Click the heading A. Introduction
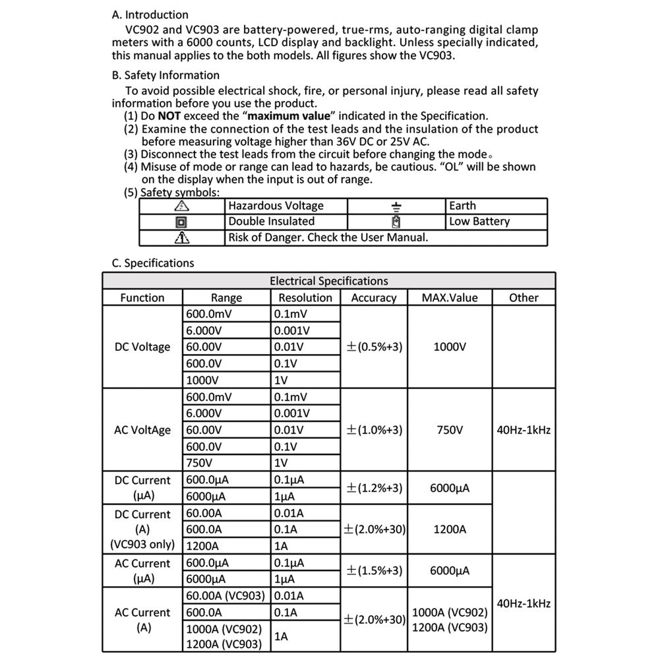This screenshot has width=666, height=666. tap(150, 15)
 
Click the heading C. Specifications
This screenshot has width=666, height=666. tap(153, 263)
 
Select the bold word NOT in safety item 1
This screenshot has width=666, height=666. tap(169, 116)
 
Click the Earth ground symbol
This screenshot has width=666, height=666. tap(396, 206)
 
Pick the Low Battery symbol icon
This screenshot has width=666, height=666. tap(396, 222)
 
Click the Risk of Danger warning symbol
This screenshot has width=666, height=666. tap(181, 238)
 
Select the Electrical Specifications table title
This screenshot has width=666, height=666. tap(328, 281)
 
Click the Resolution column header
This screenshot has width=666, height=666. tap(305, 298)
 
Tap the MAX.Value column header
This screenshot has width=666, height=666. tap(450, 298)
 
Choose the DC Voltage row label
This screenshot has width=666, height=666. tap(142, 347)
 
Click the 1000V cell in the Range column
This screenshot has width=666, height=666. tap(202, 380)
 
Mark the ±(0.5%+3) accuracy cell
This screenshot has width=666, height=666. tap(374, 347)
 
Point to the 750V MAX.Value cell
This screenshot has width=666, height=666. tap(450, 430)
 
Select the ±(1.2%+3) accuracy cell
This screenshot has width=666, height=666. tap(374, 489)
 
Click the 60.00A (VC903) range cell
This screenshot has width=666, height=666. tap(226, 596)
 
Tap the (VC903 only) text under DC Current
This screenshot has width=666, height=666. tap(142, 545)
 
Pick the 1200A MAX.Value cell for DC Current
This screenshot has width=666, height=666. tap(450, 530)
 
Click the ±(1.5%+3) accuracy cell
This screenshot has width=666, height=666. tap(374, 571)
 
